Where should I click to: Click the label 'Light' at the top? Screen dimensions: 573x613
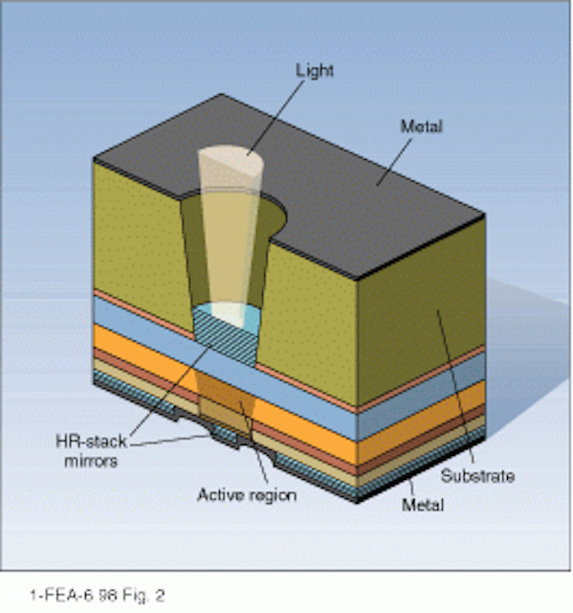pos(314,71)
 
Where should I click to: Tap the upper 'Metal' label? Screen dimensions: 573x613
pos(422,126)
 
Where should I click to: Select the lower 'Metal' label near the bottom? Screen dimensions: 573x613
pos(423,505)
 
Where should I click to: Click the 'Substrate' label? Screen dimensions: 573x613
pos(477,476)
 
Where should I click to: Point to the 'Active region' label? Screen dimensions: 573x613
pos(247,495)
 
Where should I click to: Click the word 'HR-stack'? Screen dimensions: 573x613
pos(91,442)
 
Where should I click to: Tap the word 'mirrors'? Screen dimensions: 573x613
pos(91,462)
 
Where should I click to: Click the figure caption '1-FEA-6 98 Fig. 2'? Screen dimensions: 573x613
pos(98,596)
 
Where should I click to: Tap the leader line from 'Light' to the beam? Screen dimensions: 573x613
pos(275,118)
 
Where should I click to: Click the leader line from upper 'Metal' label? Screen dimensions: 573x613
pos(394,162)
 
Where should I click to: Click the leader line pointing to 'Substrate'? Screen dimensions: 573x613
pos(455,387)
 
